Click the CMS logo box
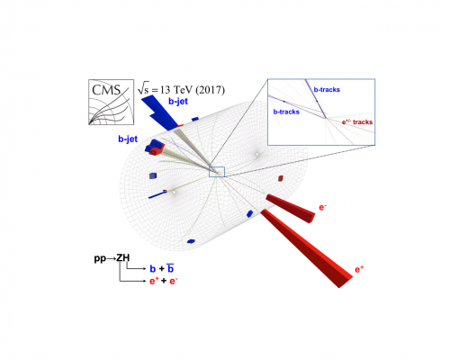click(x=111, y=102)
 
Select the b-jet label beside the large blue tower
click(x=178, y=102)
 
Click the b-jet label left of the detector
click(x=128, y=139)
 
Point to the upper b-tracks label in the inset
click(x=327, y=89)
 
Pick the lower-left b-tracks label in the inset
click(x=286, y=112)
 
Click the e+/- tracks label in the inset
click(x=357, y=121)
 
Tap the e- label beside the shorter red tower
click(x=323, y=207)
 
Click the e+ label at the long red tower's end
click(x=359, y=269)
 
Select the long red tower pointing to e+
click(x=307, y=248)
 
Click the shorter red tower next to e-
click(x=291, y=208)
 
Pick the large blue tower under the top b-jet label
click(x=159, y=112)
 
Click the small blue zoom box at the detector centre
click(x=217, y=172)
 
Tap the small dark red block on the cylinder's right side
click(x=281, y=178)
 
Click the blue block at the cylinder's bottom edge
click(x=191, y=241)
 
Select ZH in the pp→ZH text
click(x=123, y=258)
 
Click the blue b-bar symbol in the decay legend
click(x=170, y=268)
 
